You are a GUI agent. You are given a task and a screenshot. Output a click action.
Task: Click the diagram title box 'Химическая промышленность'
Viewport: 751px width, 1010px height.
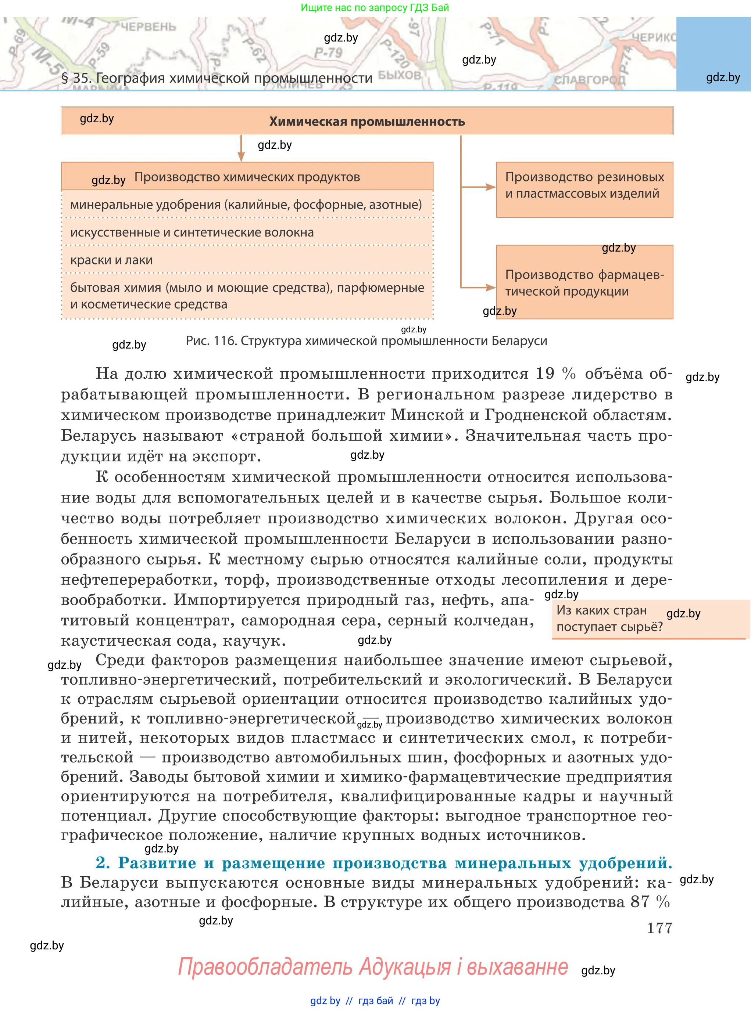[367, 121]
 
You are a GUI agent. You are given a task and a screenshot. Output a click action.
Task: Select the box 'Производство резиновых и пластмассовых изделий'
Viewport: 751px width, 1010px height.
[584, 190]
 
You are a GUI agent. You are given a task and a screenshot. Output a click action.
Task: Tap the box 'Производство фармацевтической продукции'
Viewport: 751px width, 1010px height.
[584, 282]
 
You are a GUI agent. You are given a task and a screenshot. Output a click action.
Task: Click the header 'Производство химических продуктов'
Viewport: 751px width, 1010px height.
[247, 177]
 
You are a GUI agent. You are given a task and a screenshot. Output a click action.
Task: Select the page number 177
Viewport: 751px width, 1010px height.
[659, 928]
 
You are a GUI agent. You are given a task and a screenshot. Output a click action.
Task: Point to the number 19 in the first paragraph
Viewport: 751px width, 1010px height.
[545, 373]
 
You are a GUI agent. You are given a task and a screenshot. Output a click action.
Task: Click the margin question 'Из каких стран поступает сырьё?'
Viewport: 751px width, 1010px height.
[609, 618]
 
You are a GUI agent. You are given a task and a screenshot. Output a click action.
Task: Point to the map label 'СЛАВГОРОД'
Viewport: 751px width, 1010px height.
[589, 79]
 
